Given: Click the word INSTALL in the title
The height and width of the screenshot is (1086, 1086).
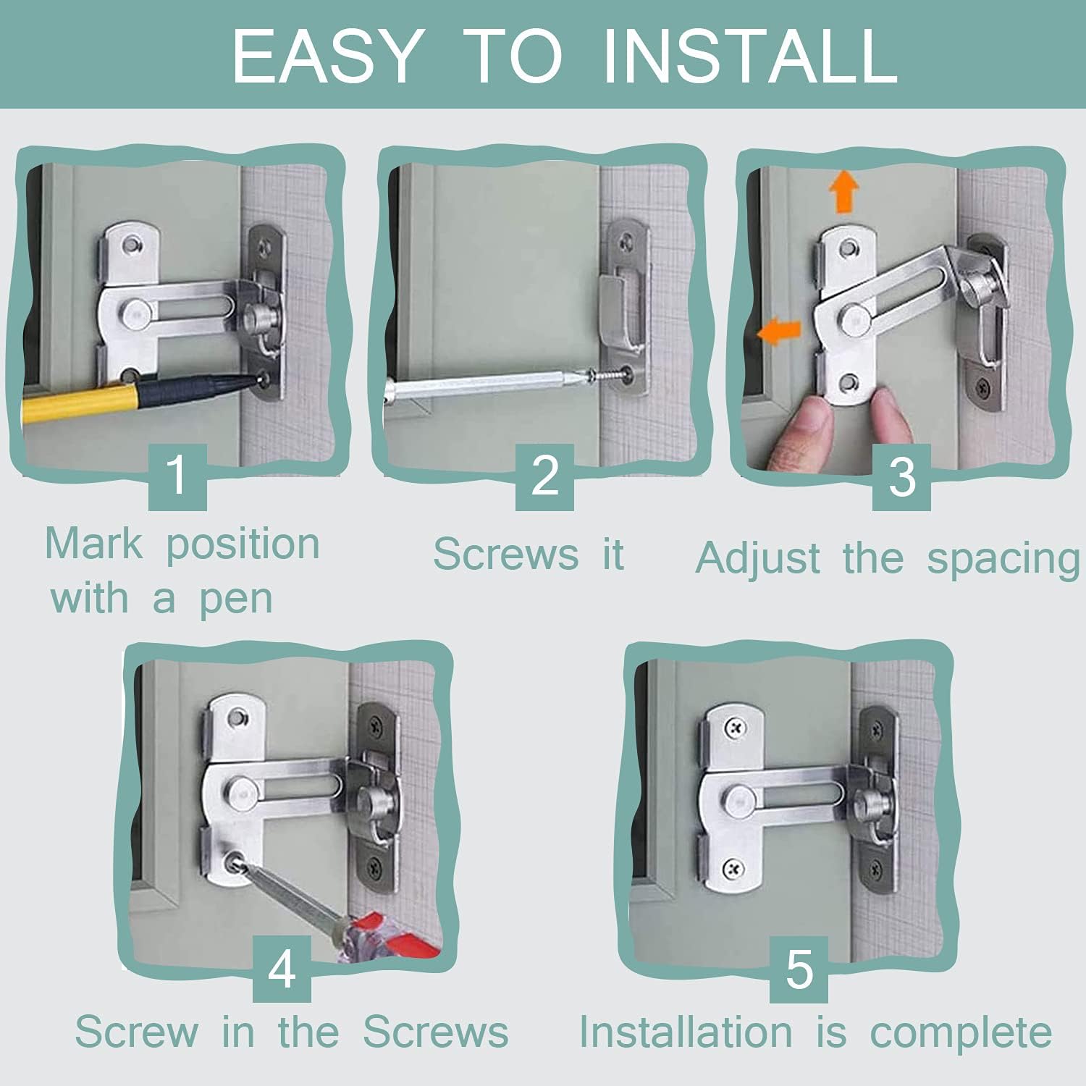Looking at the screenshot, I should (x=750, y=56).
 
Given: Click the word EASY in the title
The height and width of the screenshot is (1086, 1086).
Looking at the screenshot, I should (x=327, y=56).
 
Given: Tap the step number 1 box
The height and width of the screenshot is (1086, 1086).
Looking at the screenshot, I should (x=177, y=476).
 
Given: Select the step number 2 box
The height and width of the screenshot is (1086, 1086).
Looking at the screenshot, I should (x=544, y=476).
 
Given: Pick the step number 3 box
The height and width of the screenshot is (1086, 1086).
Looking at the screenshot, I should (x=901, y=478).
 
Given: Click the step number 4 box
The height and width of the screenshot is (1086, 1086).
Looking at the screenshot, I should (x=282, y=969).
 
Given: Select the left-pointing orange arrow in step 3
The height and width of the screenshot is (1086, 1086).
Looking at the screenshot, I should (x=778, y=332).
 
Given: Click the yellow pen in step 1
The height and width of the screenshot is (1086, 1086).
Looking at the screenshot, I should (x=80, y=402).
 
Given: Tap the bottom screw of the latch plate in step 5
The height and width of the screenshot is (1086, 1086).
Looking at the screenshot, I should (x=734, y=866).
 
